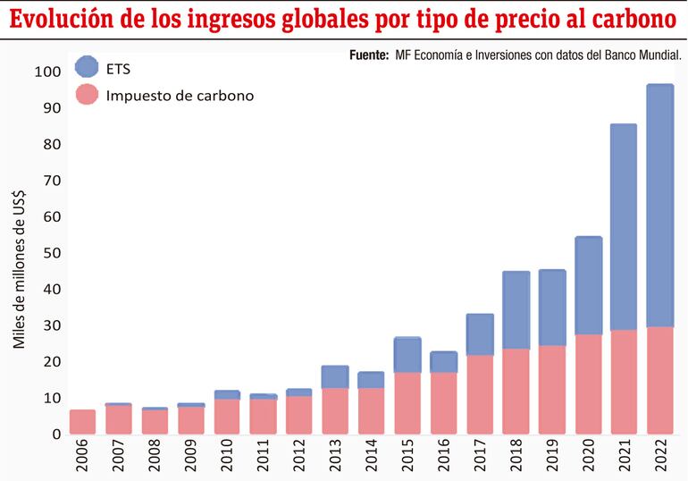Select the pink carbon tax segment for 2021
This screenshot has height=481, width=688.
point(624,382)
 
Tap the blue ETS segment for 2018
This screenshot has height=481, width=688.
point(516,309)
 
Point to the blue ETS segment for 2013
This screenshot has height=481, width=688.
point(335,376)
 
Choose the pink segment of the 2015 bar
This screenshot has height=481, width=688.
point(407,403)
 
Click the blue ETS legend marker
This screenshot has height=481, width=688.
point(87,66)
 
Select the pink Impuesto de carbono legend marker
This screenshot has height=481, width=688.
point(87,95)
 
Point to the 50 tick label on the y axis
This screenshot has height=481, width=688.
point(53,253)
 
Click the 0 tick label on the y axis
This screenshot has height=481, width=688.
point(57,435)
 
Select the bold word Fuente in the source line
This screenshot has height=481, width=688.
point(369,55)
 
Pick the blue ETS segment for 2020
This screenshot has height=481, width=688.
point(588,286)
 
